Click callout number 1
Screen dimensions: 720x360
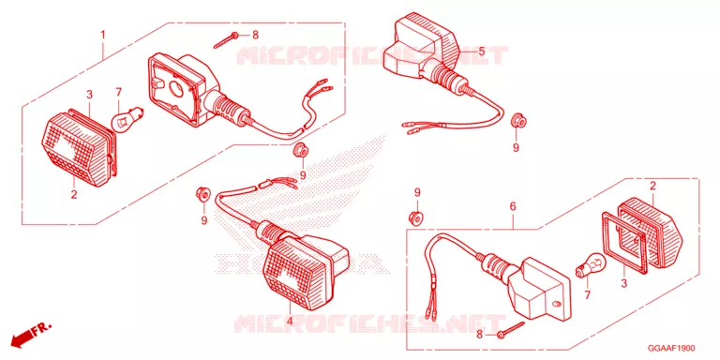[x=103, y=35]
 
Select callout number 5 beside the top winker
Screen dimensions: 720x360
[x=481, y=52]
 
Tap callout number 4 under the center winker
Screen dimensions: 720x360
[x=290, y=322]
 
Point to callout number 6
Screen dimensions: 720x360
[x=513, y=206]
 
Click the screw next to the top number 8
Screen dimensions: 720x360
[x=226, y=40]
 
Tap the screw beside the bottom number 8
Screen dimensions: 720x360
[x=512, y=330]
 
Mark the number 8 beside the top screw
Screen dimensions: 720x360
[x=255, y=35]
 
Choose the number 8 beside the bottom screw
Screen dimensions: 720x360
[x=479, y=336]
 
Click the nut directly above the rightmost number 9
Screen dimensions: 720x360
[x=517, y=120]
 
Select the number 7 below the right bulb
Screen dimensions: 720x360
[x=586, y=294]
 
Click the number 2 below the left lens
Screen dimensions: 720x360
[x=73, y=195]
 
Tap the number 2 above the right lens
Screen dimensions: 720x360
[x=652, y=186]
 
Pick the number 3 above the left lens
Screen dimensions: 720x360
[x=90, y=95]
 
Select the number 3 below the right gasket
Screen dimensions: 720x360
[x=623, y=283]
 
